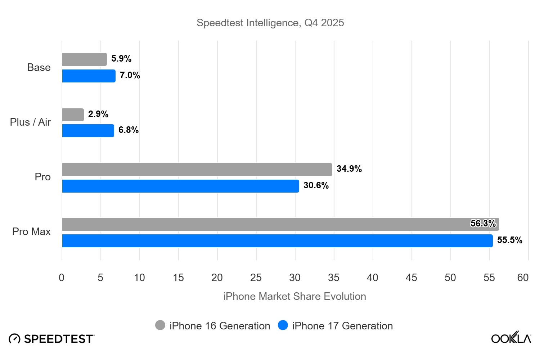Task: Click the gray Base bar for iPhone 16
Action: coord(84,59)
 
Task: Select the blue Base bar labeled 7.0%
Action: coord(89,76)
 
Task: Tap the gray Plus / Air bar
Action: coord(73,115)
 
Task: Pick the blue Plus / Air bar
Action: coord(88,131)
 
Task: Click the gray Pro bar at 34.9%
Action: coord(197,170)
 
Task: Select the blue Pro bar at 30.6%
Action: coord(180,186)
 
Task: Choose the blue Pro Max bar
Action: coord(277,241)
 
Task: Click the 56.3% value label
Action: coord(483,224)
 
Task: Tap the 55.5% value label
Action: coord(509,240)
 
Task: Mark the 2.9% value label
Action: coord(98,114)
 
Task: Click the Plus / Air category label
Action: coord(30,122)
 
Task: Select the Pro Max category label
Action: coord(31,231)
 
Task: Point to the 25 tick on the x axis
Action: coord(256,278)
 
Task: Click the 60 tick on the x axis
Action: coord(523,278)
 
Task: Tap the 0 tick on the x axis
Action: coord(62,278)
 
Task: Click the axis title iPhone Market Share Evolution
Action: coord(294,296)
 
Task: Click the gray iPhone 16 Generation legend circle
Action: coord(160,325)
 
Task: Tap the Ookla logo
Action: coord(511,338)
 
